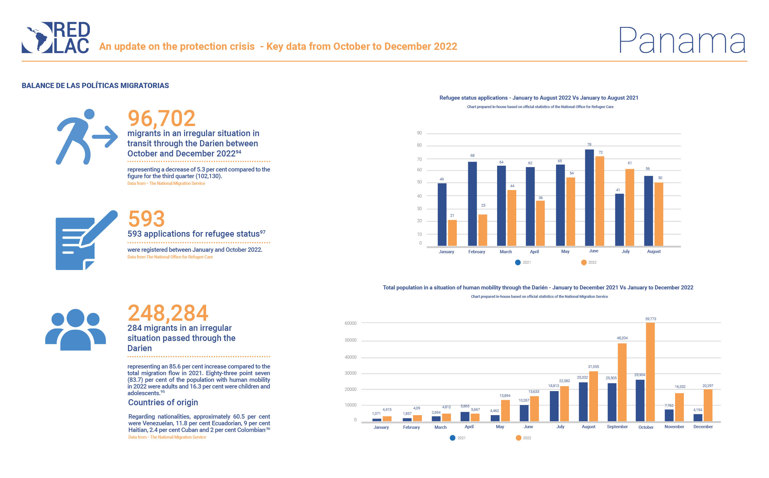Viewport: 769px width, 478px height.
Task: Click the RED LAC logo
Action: click(56, 37)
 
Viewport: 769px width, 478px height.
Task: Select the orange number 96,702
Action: click(161, 118)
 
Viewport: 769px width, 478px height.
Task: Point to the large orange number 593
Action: click(146, 218)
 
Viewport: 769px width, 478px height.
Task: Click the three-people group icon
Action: click(76, 329)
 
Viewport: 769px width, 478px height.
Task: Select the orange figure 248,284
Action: click(168, 313)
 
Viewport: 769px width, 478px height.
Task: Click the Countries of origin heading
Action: click(163, 402)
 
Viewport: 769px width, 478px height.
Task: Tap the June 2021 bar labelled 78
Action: click(589, 198)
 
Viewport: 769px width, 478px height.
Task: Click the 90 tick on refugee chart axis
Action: click(419, 133)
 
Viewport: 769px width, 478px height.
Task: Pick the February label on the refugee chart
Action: click(477, 252)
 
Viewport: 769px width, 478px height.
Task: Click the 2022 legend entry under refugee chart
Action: click(589, 262)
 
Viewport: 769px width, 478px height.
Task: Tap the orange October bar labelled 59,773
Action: click(650, 372)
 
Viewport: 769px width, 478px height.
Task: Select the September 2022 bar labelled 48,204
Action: click(622, 382)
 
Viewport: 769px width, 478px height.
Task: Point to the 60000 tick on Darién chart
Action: click(350, 323)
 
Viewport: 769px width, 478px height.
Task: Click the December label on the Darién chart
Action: click(703, 427)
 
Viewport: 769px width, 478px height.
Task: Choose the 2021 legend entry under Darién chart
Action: click(457, 438)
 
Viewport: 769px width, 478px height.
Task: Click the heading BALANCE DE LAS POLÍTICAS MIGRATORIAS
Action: click(95, 86)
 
